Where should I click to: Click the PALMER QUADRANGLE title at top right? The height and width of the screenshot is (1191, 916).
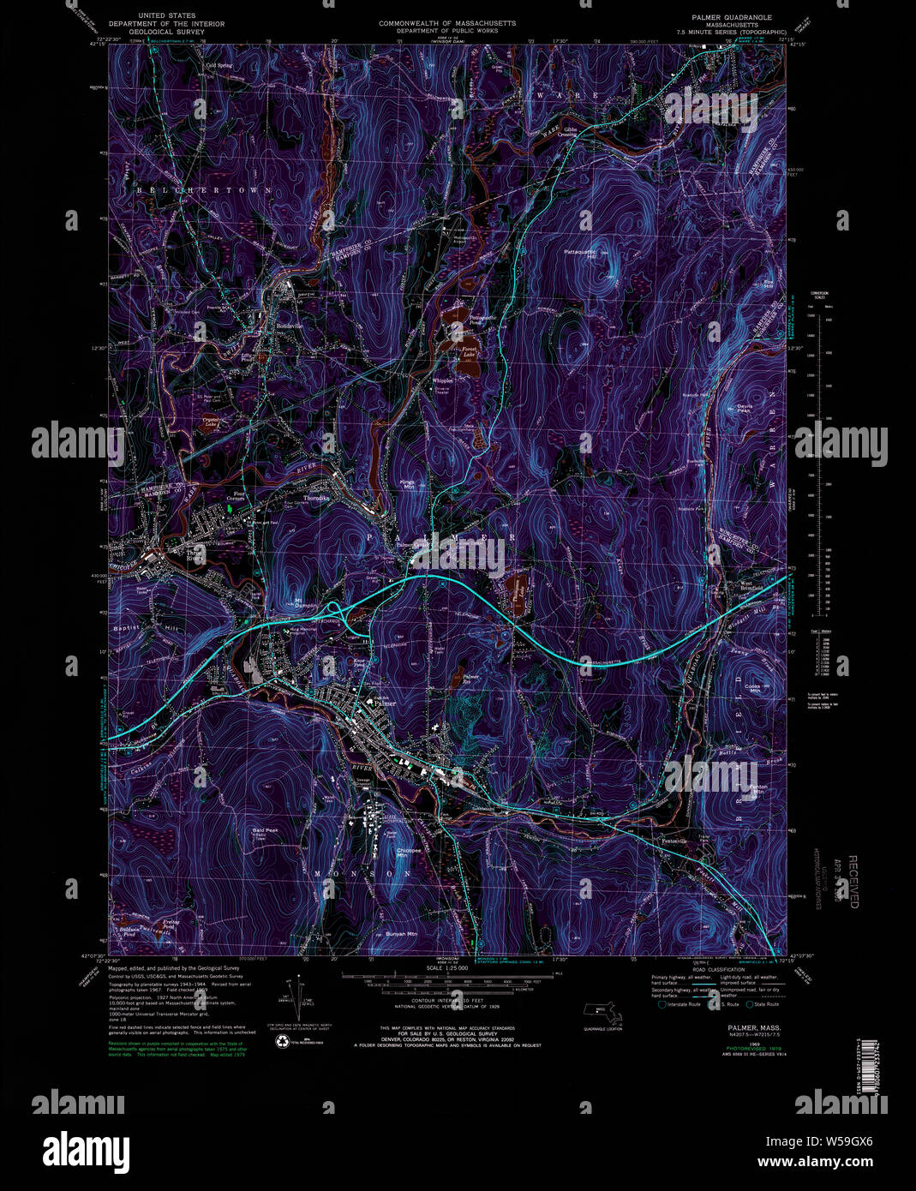[730, 17]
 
